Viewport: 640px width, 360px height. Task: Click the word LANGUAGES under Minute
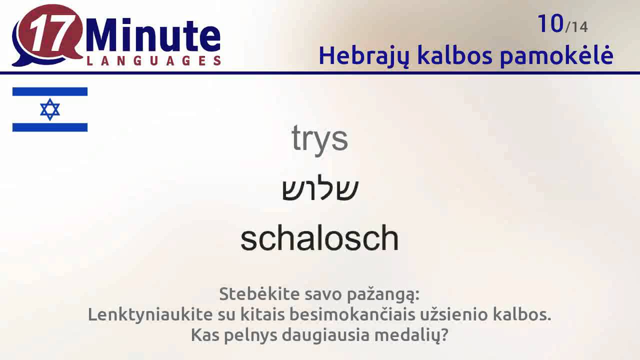(153, 61)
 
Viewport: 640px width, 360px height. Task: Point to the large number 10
(550, 23)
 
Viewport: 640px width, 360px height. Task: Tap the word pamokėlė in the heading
(556, 55)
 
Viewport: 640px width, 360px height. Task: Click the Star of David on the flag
(50, 109)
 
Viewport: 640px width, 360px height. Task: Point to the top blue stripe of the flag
(50, 91)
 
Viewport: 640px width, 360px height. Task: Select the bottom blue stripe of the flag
(50, 127)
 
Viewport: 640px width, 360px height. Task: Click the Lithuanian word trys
(319, 138)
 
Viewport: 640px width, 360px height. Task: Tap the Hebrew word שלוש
(320, 189)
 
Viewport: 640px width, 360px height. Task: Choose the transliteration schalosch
(319, 238)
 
